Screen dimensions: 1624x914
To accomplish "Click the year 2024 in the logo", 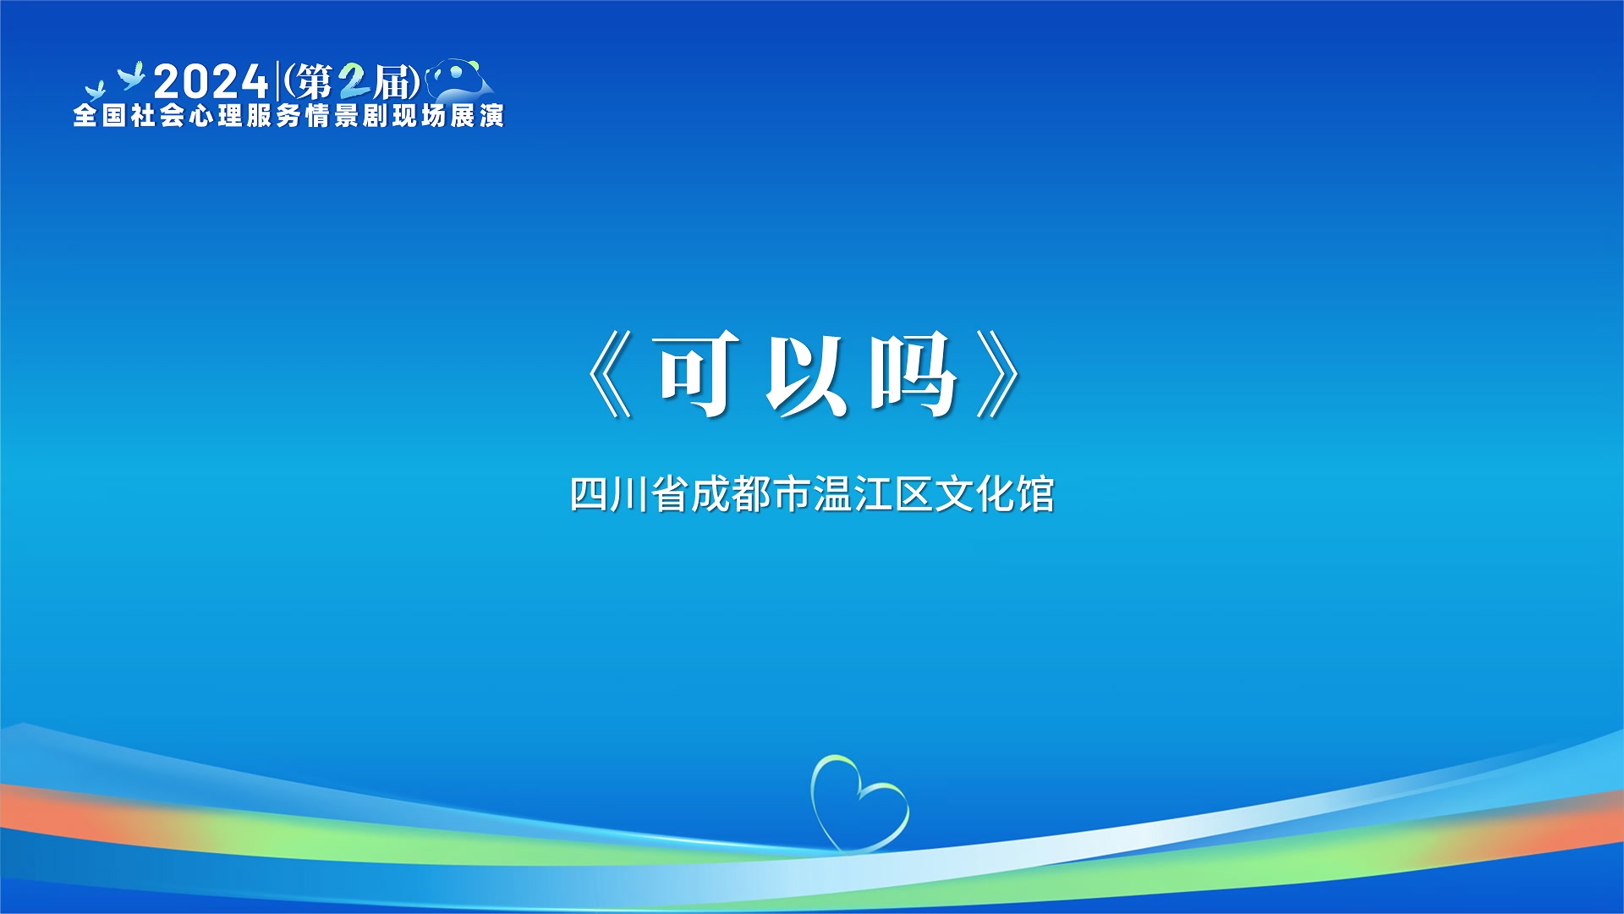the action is (x=211, y=82).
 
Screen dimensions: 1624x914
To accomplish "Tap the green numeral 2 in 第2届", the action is (x=354, y=83).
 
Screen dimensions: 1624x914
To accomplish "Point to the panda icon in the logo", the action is (x=459, y=80).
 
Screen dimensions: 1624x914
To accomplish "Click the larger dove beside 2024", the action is (x=131, y=76).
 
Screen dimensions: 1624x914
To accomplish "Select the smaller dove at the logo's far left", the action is (x=94, y=91).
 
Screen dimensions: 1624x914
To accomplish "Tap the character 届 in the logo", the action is (x=392, y=83).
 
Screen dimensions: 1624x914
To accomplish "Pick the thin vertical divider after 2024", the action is (x=278, y=82).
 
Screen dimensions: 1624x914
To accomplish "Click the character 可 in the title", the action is (x=695, y=374).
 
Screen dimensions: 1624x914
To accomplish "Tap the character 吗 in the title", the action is (x=913, y=374).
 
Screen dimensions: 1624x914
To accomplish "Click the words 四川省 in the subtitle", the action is (x=629, y=494).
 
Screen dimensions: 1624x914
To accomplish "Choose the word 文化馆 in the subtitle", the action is (x=995, y=494).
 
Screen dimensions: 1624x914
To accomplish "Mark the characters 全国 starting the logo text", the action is (x=100, y=116).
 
